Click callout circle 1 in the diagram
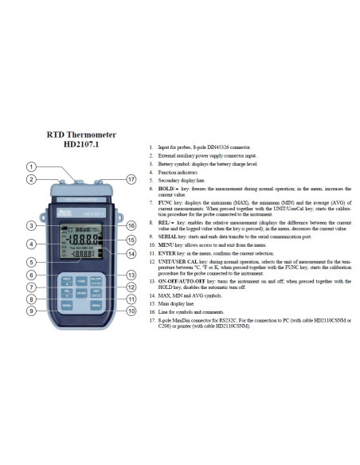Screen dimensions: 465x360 point(31,166)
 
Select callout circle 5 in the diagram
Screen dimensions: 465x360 point(31,260)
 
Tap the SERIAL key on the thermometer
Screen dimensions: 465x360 point(67,306)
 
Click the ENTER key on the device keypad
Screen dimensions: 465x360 point(82,292)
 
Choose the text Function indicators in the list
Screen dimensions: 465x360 point(177,173)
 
